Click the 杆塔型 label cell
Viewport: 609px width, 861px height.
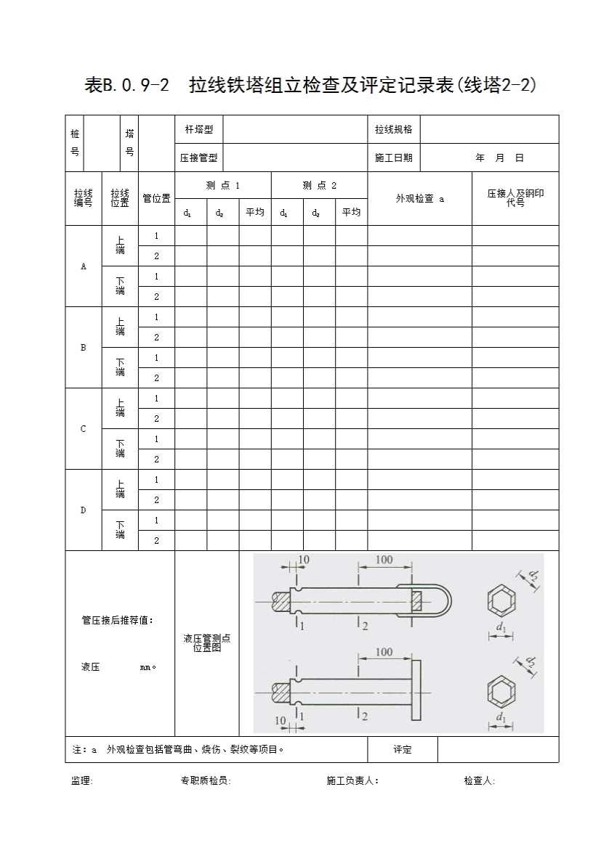point(198,129)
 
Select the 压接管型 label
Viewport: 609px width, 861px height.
point(198,158)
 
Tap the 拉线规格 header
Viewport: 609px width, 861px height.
point(393,129)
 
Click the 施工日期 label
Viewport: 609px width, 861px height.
point(393,158)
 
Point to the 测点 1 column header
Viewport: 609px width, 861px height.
point(222,185)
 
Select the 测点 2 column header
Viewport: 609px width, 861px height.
point(319,185)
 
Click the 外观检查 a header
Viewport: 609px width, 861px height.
point(419,198)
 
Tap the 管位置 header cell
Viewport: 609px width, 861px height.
point(156,198)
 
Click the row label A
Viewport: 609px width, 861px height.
point(83,266)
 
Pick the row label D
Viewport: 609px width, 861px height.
point(83,510)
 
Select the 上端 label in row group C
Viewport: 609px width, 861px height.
point(120,407)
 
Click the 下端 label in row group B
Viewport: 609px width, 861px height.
point(120,367)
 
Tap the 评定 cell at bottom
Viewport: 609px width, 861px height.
point(402,750)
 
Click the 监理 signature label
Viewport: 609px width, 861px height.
point(81,780)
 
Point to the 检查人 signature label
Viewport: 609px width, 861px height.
point(479,780)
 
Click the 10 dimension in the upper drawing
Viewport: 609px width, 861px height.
point(304,560)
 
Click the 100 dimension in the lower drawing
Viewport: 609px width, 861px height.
point(384,653)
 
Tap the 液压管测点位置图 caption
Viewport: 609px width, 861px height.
point(206,642)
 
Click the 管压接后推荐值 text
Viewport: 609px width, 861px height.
point(117,621)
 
